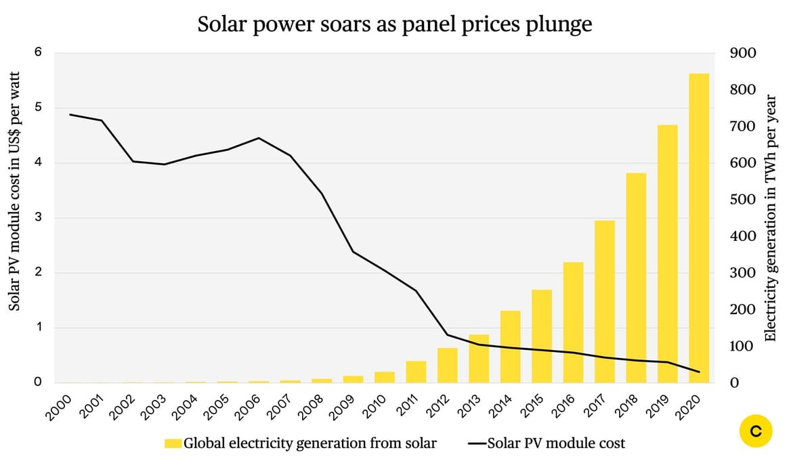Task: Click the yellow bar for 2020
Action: point(699,228)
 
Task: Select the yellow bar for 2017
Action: point(605,302)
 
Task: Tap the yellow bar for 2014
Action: point(510,347)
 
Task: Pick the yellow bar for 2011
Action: point(416,372)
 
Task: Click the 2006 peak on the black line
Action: point(259,138)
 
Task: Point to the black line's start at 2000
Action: point(70,114)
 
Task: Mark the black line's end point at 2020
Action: point(699,372)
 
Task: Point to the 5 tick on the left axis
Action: point(37,108)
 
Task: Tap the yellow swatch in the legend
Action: point(173,444)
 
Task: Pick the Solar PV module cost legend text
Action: point(556,444)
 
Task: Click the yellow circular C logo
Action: point(756,431)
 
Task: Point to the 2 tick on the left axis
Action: point(37,273)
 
